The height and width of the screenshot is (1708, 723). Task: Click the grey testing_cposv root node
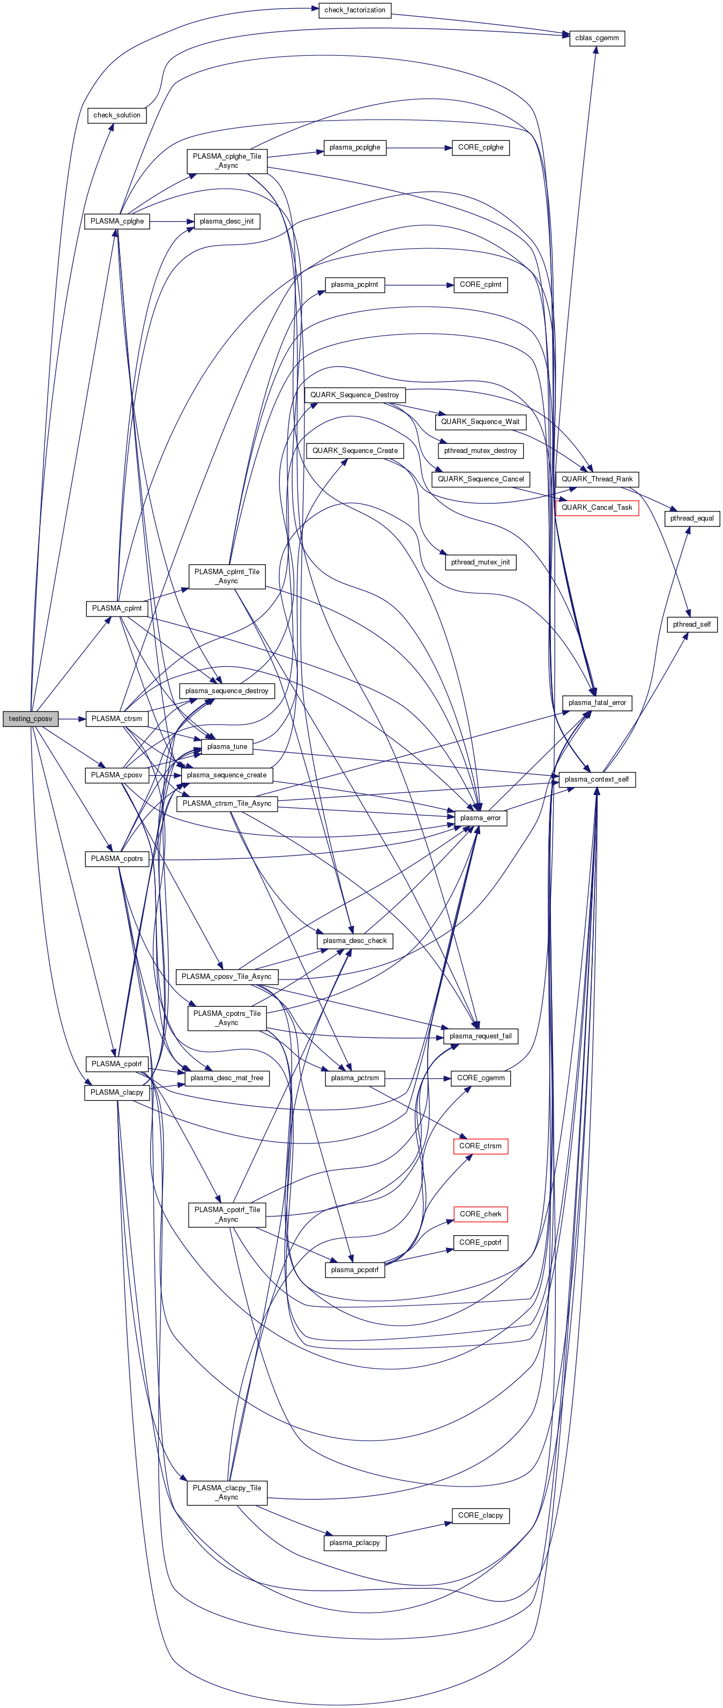pyautogui.click(x=31, y=719)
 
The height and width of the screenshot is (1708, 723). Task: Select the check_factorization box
pyautogui.click(x=355, y=11)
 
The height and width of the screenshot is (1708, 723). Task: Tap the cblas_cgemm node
pyautogui.click(x=597, y=39)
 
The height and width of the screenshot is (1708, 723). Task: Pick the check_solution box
pyautogui.click(x=117, y=115)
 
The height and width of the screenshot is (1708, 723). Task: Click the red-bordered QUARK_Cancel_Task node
pyautogui.click(x=597, y=508)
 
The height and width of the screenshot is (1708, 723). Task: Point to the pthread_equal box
pyautogui.click(x=691, y=518)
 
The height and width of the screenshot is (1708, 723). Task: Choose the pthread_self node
pyautogui.click(x=691, y=625)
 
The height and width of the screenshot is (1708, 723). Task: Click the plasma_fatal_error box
pyautogui.click(x=597, y=703)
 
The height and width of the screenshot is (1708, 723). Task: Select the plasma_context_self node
pyautogui.click(x=597, y=779)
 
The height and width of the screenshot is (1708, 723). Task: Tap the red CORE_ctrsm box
pyautogui.click(x=480, y=1146)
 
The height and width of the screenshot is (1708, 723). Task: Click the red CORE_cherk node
pyautogui.click(x=480, y=1214)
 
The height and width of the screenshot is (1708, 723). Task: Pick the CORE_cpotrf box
pyautogui.click(x=480, y=1243)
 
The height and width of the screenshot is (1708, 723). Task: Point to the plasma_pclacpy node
pyautogui.click(x=355, y=1543)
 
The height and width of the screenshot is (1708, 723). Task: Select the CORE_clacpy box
pyautogui.click(x=480, y=1515)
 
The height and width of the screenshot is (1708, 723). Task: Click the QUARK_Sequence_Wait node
pyautogui.click(x=480, y=422)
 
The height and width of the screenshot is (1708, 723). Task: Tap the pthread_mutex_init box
pyautogui.click(x=480, y=562)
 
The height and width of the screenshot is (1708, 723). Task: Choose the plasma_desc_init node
pyautogui.click(x=227, y=221)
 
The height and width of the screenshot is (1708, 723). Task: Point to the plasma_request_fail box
pyautogui.click(x=480, y=1036)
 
